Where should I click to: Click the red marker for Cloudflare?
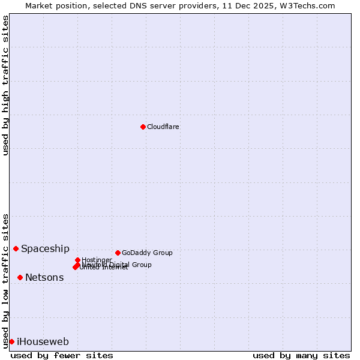tap(143, 127)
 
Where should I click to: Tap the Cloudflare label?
tap(163, 127)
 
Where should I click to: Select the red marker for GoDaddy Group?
tap(118, 253)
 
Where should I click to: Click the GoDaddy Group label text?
tap(147, 253)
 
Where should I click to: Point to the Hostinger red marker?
tap(77, 260)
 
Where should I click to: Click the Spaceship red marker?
tap(16, 248)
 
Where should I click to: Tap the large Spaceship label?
tap(45, 248)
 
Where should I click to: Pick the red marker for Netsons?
tap(20, 277)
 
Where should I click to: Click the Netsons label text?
tap(44, 277)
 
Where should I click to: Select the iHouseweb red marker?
tap(11, 341)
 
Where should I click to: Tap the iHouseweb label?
tap(43, 341)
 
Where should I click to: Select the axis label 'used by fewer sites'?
tap(62, 355)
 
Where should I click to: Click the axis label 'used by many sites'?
tap(301, 355)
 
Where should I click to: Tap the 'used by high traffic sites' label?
tap(5, 85)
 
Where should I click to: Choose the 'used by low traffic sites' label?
tap(5, 280)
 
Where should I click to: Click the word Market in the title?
tap(40, 5)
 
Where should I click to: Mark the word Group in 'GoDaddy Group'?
tap(162, 253)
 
